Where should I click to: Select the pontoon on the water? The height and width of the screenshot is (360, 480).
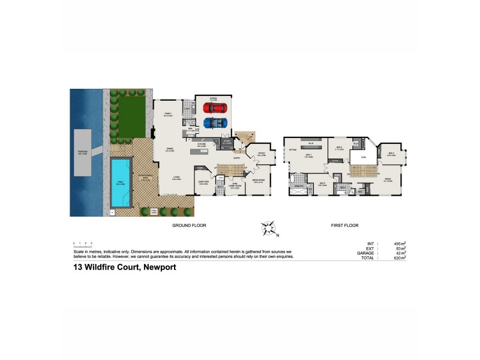tap(82, 153)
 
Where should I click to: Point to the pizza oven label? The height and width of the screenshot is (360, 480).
tap(154, 211)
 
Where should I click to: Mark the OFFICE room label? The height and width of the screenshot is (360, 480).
tap(262, 154)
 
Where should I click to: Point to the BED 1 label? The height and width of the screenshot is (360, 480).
tap(308, 155)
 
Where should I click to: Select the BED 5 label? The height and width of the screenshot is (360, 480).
tap(391, 153)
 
